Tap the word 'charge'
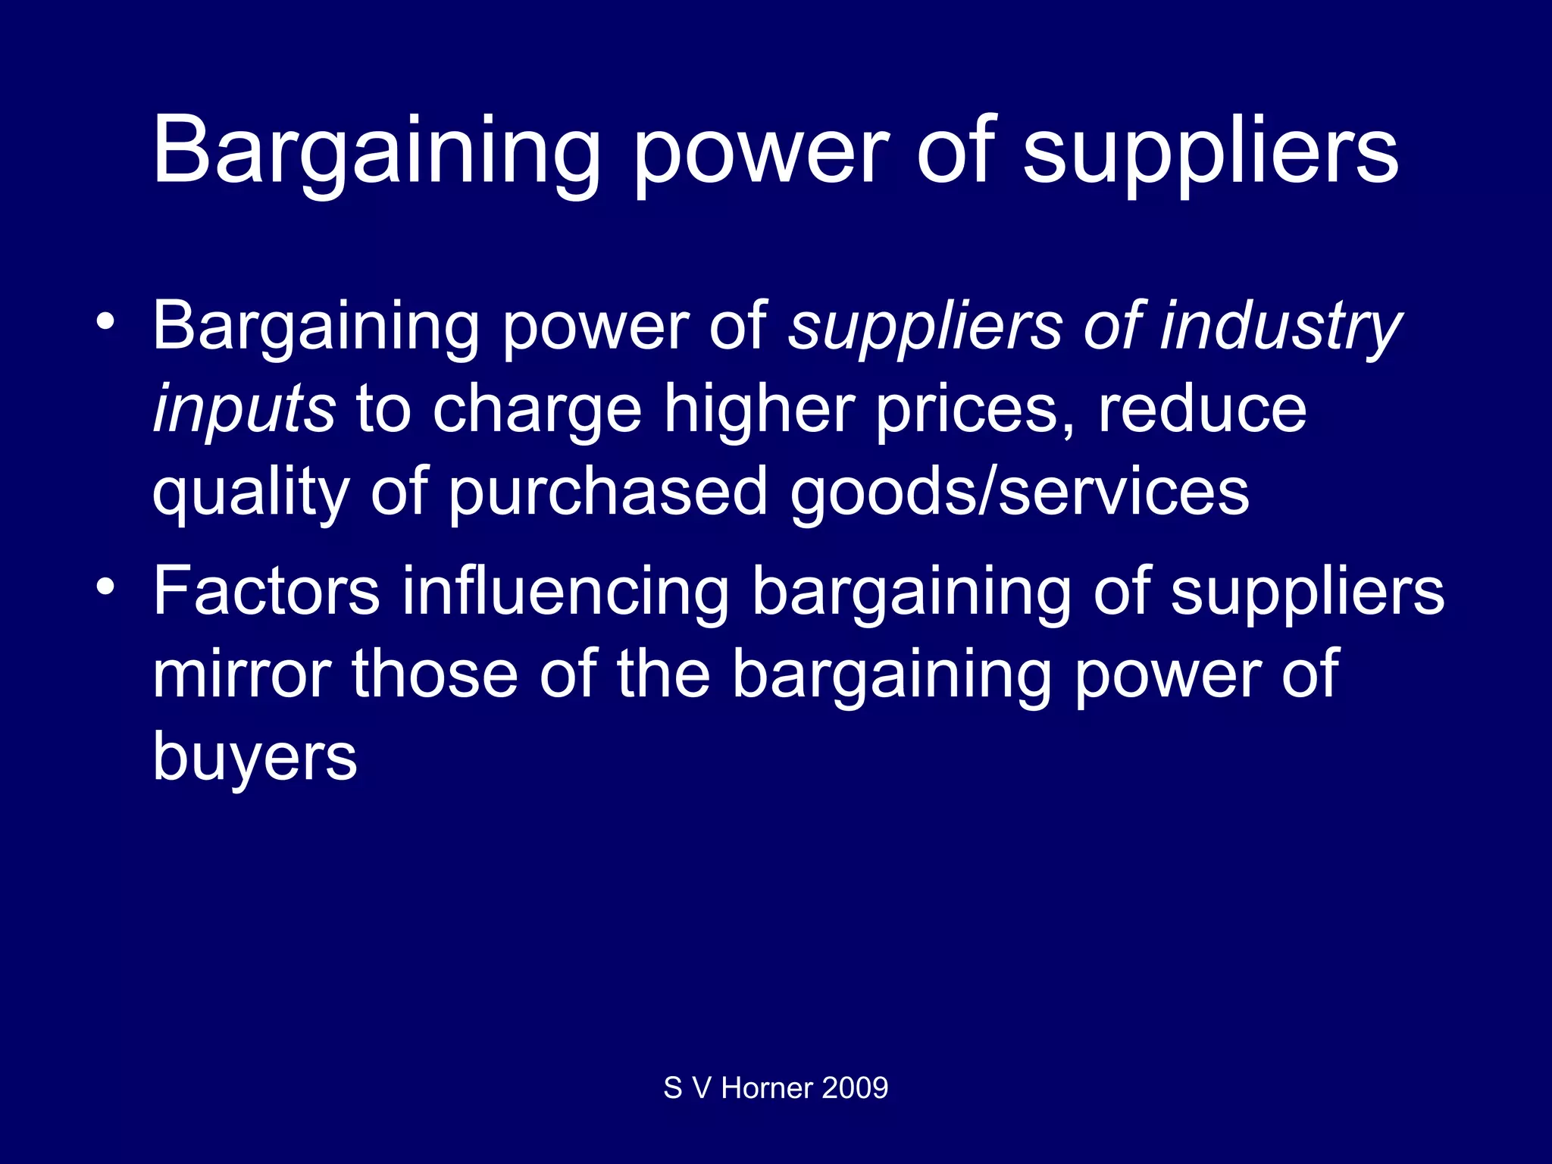pos(537,410)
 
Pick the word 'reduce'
pos(1203,410)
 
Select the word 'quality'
pos(251,493)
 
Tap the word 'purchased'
pos(608,493)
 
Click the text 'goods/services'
pos(1019,493)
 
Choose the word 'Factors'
pos(266,592)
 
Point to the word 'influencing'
pos(565,592)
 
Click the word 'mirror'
pos(242,674)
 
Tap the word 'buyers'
pos(255,756)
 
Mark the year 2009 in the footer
pos(855,1088)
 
